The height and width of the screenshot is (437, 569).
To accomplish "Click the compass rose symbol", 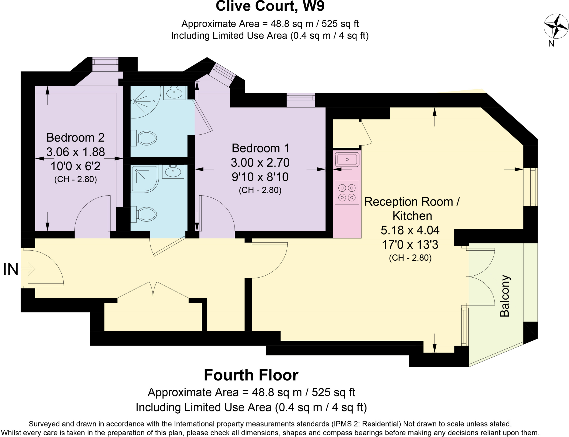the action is pos(556,26).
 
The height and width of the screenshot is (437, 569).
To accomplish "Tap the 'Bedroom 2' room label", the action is pos(75,137).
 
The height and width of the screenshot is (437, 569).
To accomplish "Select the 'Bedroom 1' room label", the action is pos(260,148).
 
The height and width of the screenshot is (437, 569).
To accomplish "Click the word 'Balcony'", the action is pos(505,296).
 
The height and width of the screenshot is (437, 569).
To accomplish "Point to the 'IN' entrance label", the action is pos(11,269).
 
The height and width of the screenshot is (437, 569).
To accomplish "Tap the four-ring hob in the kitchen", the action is pos(347,193).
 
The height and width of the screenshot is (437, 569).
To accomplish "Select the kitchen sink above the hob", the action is pos(347,159).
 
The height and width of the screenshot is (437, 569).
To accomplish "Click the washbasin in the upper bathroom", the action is pos(174,93).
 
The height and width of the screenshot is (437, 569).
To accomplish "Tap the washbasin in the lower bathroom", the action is pos(173,171).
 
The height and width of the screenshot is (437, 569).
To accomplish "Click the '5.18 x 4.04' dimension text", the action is pos(410,230).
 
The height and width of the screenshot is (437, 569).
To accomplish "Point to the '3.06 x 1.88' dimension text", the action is pos(76,152).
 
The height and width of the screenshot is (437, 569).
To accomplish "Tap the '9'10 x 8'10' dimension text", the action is pos(260,177).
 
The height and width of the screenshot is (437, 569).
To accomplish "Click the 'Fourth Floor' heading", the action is pos(251,375).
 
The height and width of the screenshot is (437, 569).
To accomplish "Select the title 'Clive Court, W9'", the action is pos(270,6).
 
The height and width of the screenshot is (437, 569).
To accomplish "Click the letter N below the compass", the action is pos(551,44).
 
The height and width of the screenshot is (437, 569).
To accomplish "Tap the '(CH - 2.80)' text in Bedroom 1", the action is pos(260,190).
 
